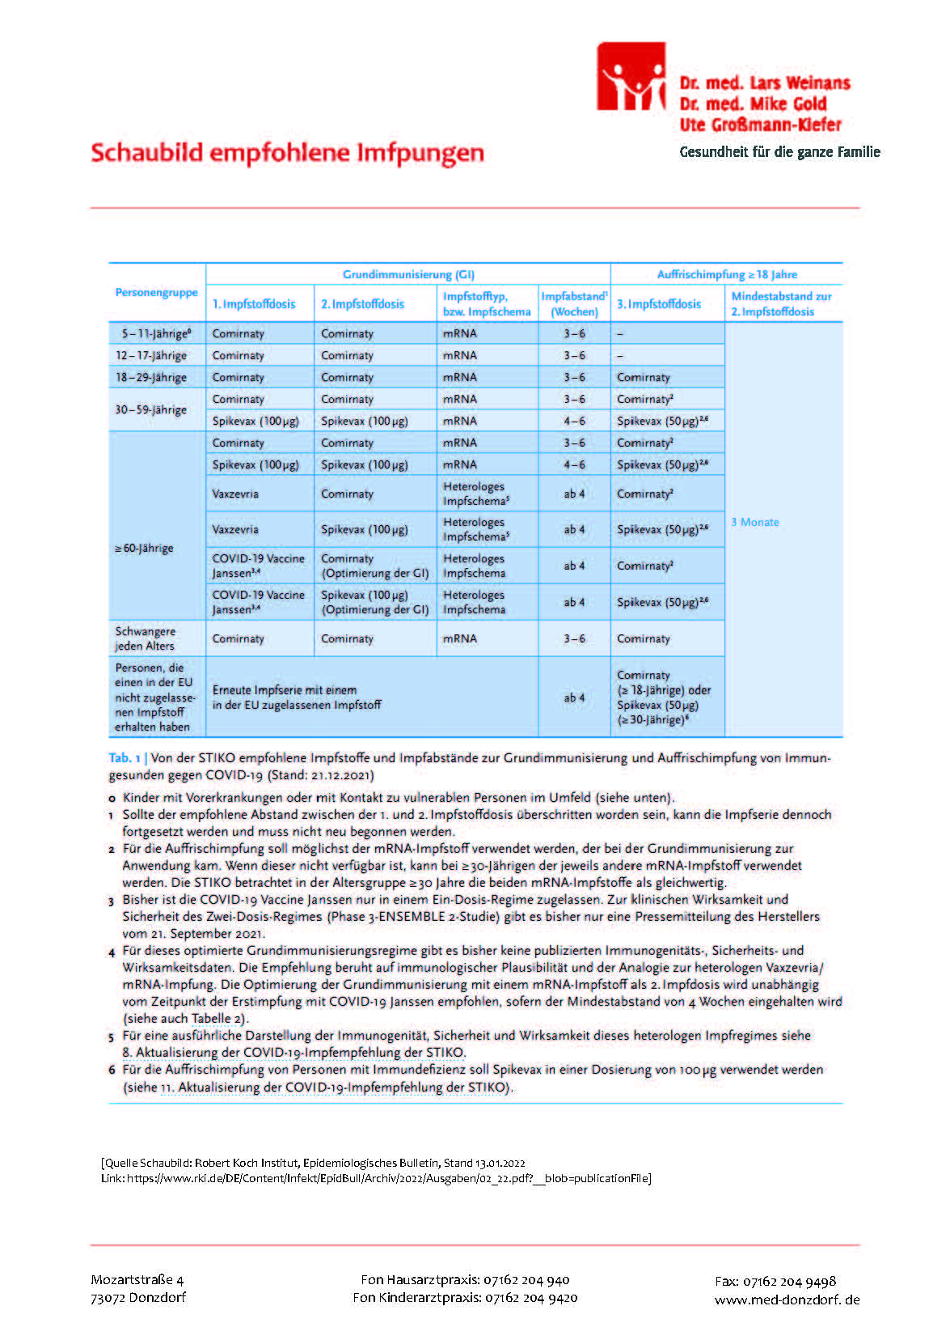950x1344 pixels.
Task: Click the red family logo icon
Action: coord(631,77)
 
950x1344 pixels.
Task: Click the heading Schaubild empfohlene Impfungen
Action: coord(287,153)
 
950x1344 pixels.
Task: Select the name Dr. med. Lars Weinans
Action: coord(764,83)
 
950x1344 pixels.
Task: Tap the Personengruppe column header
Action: coord(156,292)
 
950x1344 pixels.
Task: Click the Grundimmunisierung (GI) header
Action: coord(408,274)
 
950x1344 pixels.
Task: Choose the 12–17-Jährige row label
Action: coord(151,355)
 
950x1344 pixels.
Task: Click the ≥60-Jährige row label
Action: coord(144,548)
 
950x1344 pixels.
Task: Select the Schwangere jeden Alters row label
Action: coord(145,638)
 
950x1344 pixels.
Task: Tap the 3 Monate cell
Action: coord(755,522)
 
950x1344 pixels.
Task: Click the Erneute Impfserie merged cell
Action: coord(296,697)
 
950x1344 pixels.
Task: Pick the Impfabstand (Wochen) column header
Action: coord(574,303)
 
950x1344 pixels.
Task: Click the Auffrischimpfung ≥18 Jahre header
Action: coord(727,274)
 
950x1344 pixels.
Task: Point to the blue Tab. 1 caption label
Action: coord(125,758)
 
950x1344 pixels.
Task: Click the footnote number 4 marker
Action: coord(112,952)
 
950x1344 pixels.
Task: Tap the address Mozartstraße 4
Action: coord(137,1279)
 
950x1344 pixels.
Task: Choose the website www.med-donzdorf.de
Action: coord(787,1299)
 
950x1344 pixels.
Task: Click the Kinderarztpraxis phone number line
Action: coord(465,1297)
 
